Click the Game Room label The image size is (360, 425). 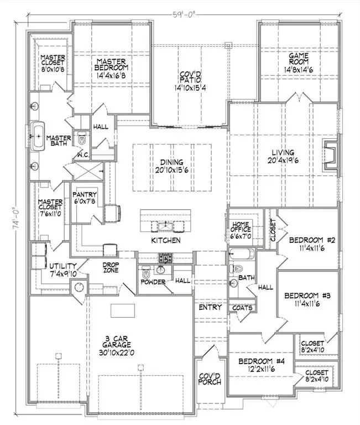299,60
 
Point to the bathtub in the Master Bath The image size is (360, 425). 38,136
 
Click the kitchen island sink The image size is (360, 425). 163,225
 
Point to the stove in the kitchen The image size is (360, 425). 165,257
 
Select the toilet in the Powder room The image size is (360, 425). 146,273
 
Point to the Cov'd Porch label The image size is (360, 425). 210,379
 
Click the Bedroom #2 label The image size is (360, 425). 309,244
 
